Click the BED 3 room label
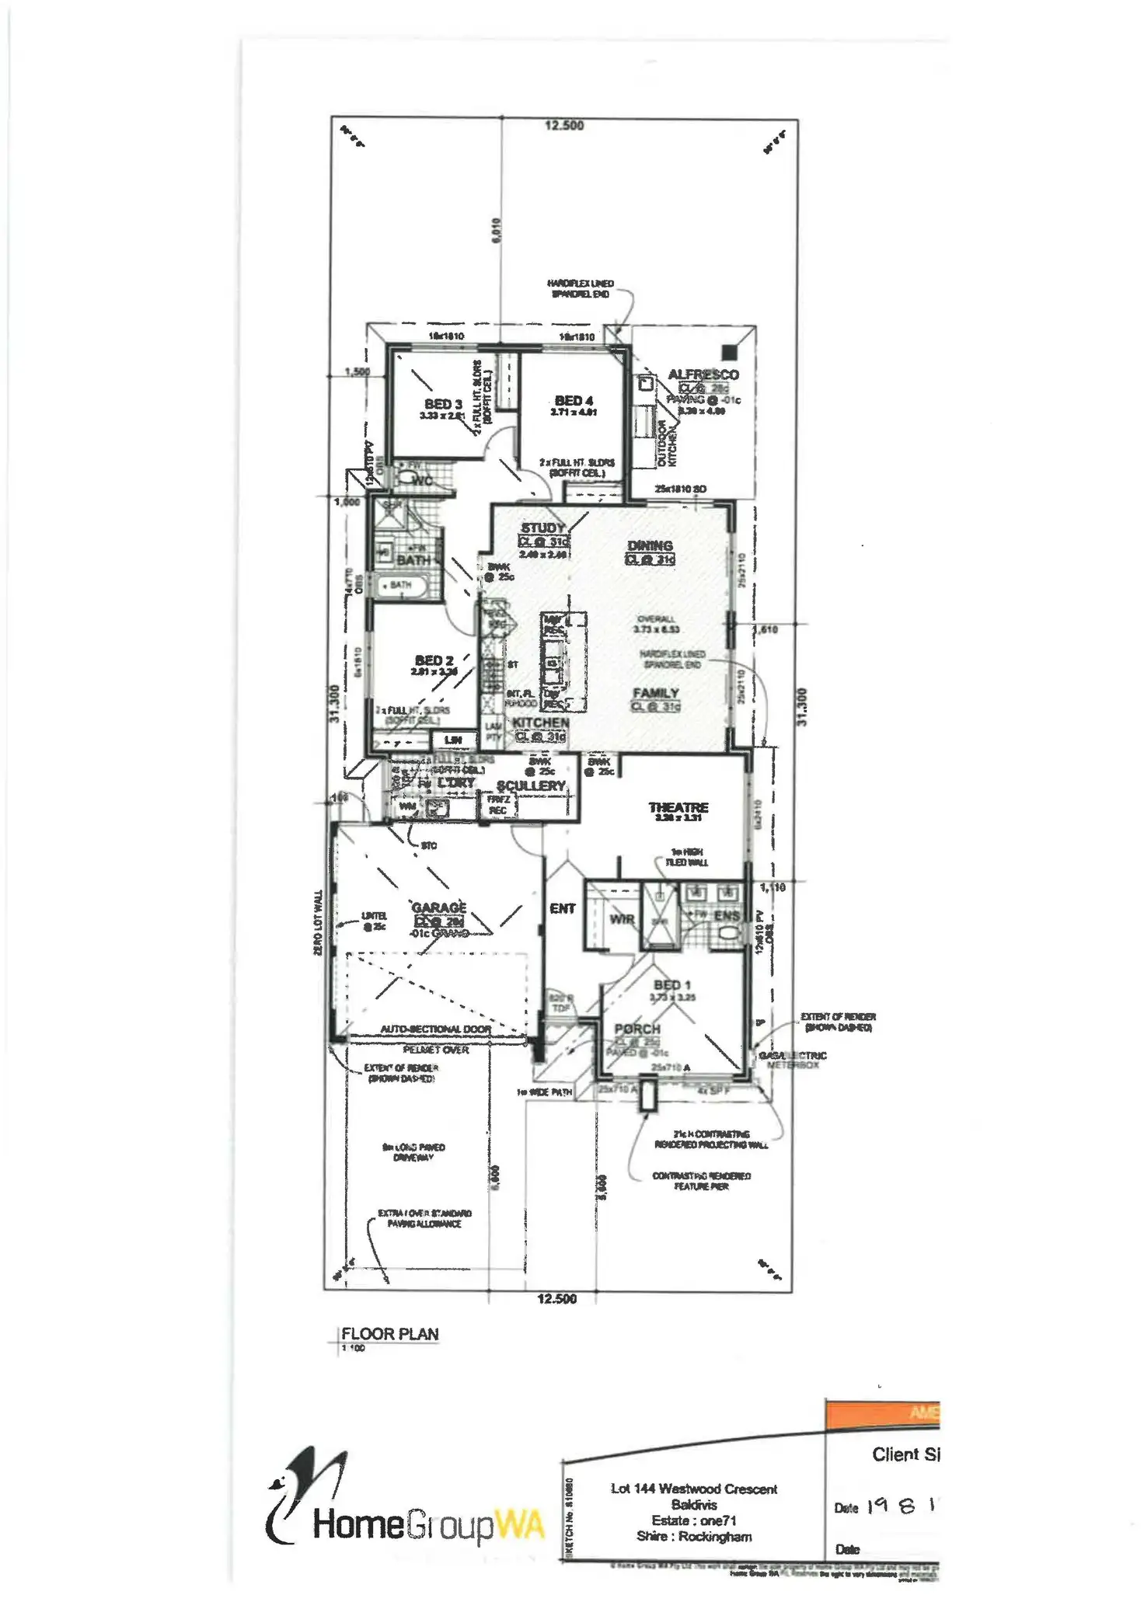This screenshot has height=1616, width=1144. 443,404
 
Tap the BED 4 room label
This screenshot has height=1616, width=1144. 574,401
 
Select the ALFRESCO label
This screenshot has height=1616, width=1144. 703,374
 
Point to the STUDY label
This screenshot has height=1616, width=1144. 542,528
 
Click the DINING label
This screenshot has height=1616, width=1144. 650,546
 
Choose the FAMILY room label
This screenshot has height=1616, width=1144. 656,693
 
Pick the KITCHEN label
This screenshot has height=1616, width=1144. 540,723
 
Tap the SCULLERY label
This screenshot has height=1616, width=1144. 531,786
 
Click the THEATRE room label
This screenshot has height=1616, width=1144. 678,808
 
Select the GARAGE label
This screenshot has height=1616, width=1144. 439,907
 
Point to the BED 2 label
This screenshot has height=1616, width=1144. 434,660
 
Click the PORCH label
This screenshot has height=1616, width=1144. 637,1029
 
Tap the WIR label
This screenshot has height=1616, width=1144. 622,920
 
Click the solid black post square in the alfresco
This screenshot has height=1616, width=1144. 728,351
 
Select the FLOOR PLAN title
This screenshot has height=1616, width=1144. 390,1334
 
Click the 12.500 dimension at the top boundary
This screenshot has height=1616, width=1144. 563,125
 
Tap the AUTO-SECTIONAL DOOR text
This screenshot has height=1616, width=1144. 435,1029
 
